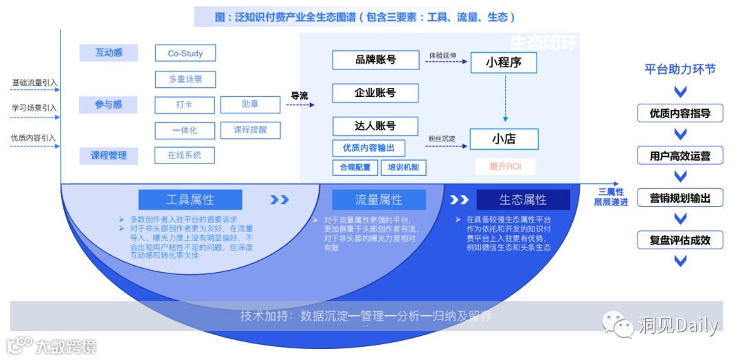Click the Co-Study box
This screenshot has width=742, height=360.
184,54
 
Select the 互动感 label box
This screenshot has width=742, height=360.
109,53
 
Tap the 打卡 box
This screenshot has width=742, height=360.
184,105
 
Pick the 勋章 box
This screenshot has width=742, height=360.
250,105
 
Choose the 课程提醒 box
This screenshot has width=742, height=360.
250,130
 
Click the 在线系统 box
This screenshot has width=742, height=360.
184,155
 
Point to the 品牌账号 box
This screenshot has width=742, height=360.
375,60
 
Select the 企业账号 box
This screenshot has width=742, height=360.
375,93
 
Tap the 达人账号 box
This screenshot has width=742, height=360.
375,126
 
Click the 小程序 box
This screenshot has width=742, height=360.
504,63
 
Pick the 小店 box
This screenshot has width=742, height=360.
504,139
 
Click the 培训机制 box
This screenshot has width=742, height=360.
403,167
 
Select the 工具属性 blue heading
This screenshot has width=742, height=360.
190,200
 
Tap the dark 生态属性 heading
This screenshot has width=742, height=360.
523,200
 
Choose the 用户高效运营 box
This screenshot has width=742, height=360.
680,156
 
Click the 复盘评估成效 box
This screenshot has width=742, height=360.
680,240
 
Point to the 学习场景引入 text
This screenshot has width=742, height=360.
34,108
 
